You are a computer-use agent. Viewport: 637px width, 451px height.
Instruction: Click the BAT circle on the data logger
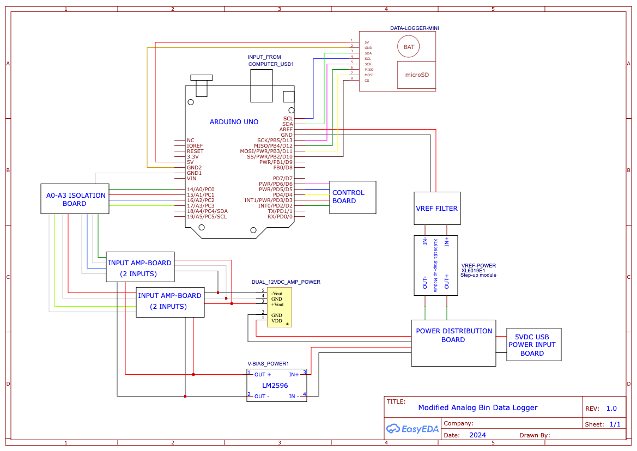409,47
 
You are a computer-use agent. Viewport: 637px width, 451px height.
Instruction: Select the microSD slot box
417,75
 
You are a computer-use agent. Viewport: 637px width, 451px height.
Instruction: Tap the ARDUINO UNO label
234,122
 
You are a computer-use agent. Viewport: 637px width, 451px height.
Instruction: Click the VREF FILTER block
437,208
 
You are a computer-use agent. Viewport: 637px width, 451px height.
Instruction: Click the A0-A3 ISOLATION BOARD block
75,199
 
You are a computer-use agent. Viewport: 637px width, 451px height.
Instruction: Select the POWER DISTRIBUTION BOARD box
453,336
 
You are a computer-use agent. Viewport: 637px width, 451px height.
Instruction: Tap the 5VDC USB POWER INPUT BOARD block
533,345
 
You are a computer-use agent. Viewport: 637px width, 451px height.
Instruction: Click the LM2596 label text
276,385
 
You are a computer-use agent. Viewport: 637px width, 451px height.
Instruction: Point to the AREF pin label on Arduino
286,130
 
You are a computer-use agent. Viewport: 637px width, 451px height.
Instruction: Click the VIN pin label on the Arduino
191,179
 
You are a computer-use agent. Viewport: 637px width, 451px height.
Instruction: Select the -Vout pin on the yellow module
277,293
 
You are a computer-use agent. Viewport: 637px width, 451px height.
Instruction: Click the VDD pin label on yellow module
277,321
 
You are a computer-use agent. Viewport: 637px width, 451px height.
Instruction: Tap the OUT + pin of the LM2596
262,375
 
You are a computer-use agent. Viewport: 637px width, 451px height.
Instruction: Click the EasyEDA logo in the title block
410,429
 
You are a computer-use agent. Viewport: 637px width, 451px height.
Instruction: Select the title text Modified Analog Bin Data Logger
477,407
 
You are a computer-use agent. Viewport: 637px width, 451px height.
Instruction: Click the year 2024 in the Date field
477,435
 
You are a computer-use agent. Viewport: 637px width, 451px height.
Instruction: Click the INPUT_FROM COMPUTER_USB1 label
271,60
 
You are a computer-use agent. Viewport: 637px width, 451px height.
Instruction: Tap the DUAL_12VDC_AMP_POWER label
286,282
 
